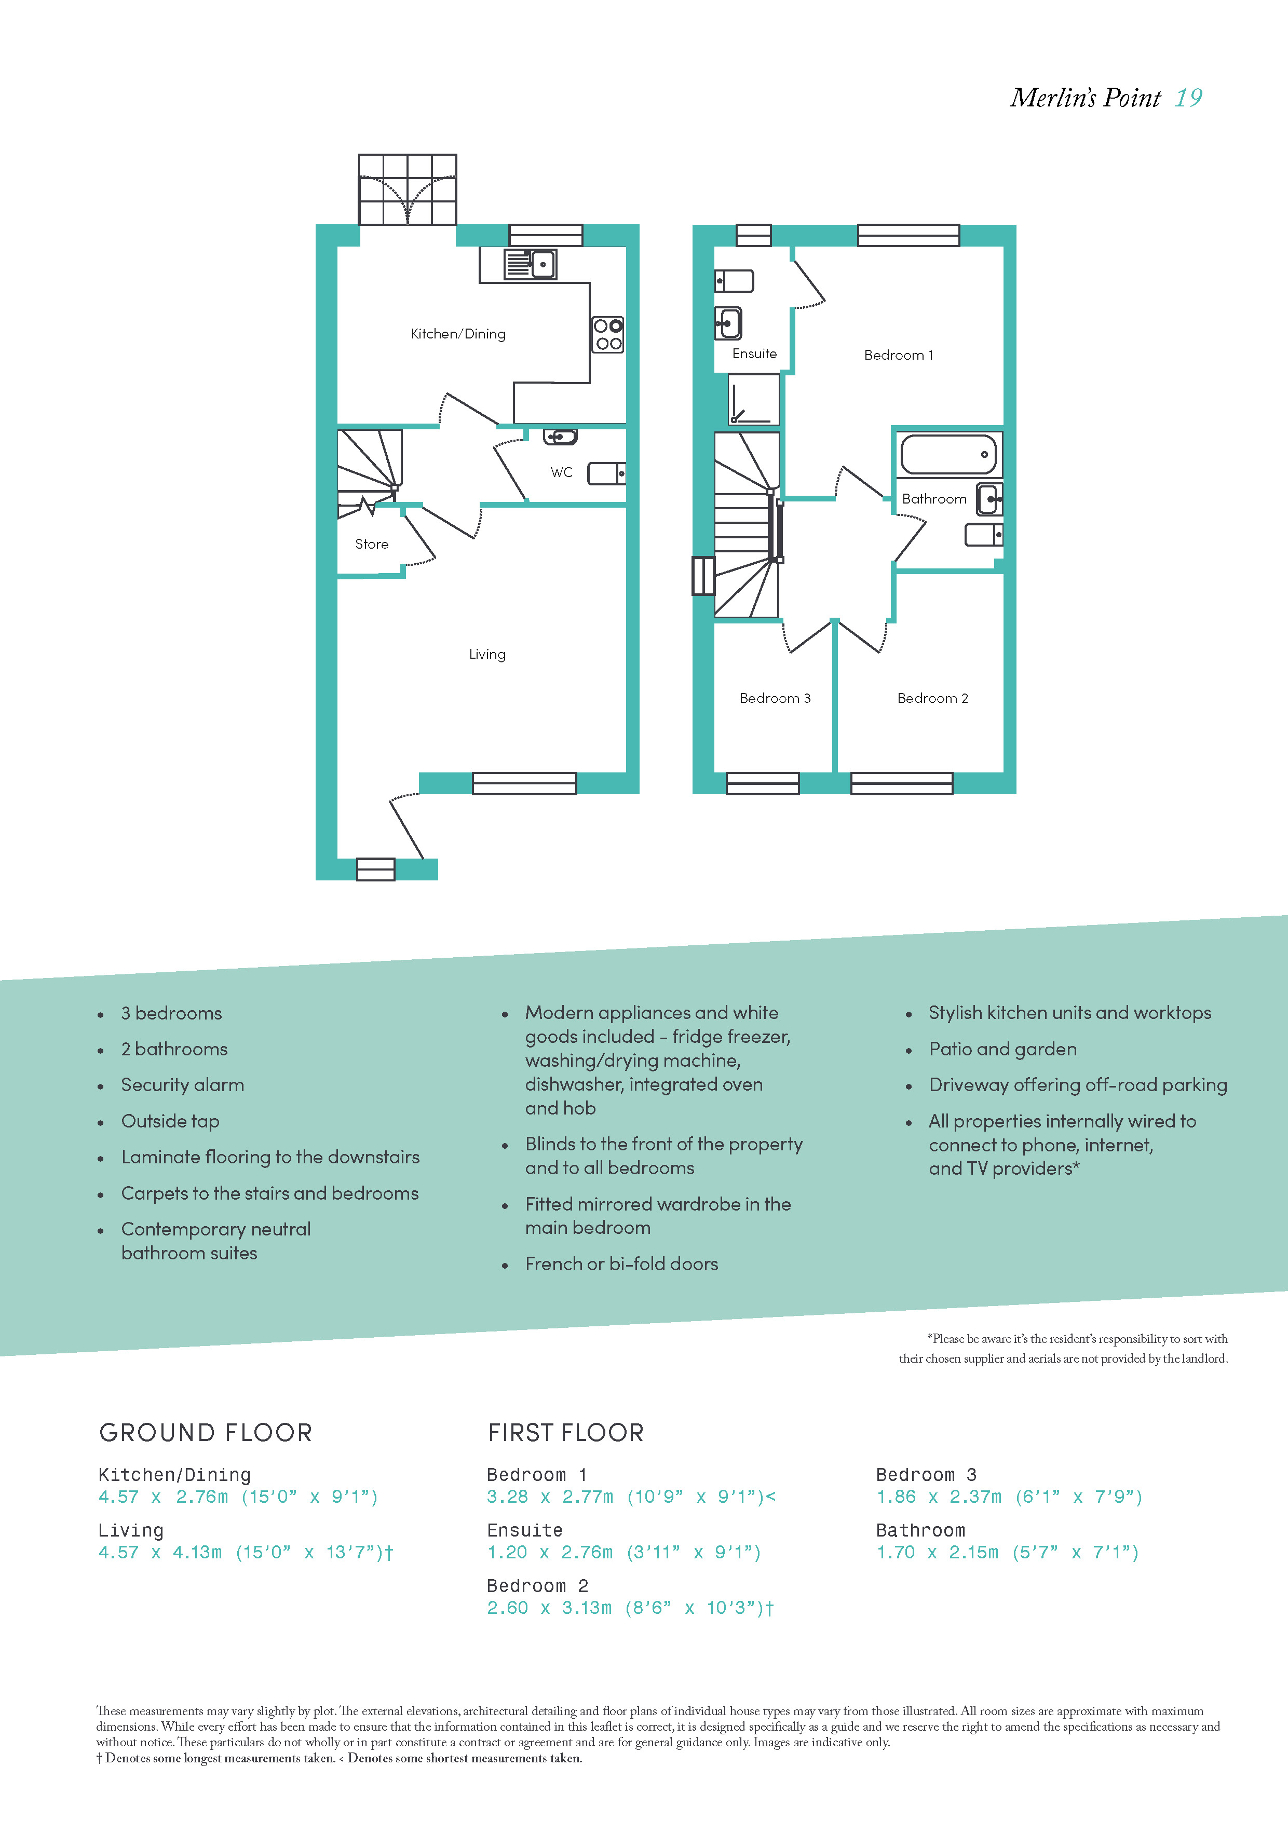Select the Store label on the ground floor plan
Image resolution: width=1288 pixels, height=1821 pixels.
pos(372,544)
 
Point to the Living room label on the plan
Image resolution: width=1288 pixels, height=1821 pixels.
pos(487,654)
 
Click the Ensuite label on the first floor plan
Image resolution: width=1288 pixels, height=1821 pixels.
pos(754,354)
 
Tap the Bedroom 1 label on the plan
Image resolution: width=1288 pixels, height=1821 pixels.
pos(899,355)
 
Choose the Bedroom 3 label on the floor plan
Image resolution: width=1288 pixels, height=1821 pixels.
pos(775,698)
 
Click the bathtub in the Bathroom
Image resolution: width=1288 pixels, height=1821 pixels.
pos(948,454)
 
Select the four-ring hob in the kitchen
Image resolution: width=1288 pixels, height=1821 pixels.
pos(608,335)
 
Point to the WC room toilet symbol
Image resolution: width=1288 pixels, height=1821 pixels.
pos(607,473)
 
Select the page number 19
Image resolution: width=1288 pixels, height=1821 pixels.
pos(1188,98)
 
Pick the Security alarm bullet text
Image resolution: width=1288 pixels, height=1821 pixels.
pos(182,1085)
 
